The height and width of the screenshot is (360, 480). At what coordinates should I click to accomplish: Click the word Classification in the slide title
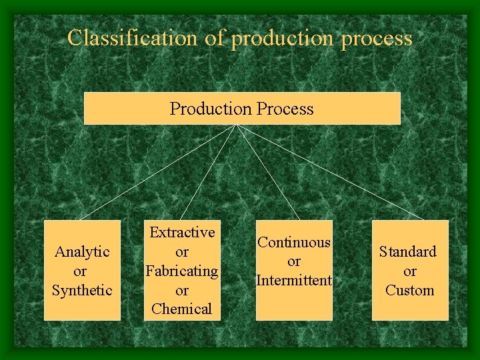click(x=133, y=38)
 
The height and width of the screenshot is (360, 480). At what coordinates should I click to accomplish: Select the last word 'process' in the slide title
click(x=377, y=39)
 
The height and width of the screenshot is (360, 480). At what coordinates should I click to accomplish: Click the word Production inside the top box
click(x=207, y=109)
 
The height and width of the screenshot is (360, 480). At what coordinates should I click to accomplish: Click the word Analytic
click(x=82, y=251)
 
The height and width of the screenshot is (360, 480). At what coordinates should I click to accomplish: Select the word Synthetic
click(x=82, y=290)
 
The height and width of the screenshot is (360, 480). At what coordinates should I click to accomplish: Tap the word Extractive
click(x=182, y=232)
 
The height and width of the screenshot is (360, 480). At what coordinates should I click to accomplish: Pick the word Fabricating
click(x=182, y=271)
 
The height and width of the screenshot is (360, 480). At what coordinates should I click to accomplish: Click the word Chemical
click(x=182, y=309)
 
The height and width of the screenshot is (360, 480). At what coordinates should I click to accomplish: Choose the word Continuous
click(x=294, y=243)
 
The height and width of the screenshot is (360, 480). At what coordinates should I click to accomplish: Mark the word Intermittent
click(x=294, y=281)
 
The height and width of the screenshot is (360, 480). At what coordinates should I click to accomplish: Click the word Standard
click(x=408, y=251)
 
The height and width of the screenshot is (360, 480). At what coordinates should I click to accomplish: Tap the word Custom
click(x=409, y=290)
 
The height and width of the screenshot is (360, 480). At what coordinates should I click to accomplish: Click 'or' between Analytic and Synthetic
click(x=80, y=271)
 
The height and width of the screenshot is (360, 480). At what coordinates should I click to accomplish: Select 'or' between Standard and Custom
click(x=409, y=271)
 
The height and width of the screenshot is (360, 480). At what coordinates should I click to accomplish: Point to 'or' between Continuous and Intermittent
click(x=294, y=261)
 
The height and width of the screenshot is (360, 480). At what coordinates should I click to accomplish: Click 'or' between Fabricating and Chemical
click(x=182, y=290)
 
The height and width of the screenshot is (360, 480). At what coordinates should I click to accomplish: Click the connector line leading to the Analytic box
click(x=158, y=172)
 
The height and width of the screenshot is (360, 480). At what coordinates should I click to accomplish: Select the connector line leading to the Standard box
click(x=331, y=172)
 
